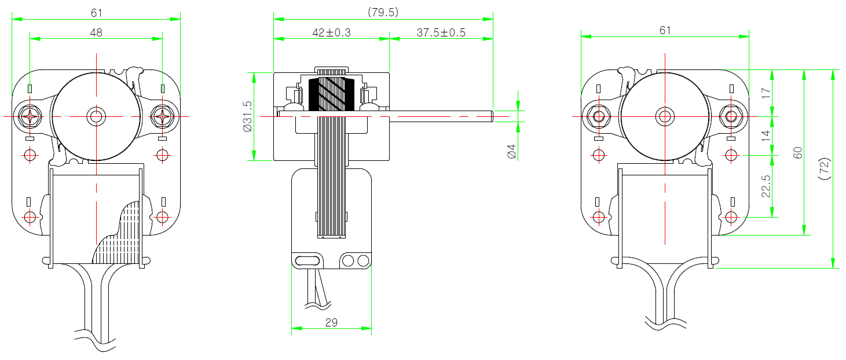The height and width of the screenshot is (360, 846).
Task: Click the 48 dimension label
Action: click(x=96, y=32)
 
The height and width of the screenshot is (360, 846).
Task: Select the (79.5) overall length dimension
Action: click(x=383, y=12)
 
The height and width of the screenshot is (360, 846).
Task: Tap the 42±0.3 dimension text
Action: click(x=331, y=32)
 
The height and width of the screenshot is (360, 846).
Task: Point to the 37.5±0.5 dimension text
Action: click(x=441, y=32)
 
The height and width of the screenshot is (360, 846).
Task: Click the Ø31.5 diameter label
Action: click(x=247, y=116)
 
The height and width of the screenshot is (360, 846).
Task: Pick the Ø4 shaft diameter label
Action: click(x=511, y=152)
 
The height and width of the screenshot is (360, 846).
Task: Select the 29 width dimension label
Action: click(x=331, y=322)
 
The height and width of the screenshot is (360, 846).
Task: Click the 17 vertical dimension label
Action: click(x=766, y=93)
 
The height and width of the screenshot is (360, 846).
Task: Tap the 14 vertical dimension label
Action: click(x=766, y=135)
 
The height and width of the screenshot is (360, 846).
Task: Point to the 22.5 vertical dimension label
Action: click(x=766, y=186)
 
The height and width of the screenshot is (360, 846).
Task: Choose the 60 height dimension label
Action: click(x=797, y=153)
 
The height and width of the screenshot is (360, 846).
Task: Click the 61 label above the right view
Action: click(x=665, y=30)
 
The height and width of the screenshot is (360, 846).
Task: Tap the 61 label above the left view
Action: click(x=96, y=13)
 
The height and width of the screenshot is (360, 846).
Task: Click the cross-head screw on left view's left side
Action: click(x=30, y=116)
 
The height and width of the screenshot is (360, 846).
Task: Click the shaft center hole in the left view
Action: click(x=96, y=116)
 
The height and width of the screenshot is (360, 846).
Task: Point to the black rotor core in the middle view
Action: click(x=331, y=94)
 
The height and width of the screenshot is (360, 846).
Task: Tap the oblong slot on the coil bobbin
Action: click(x=307, y=261)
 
